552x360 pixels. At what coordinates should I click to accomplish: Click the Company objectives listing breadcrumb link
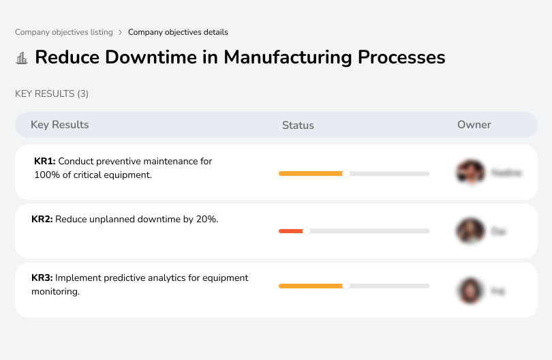coord(63,32)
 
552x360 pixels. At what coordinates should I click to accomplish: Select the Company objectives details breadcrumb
coord(178,32)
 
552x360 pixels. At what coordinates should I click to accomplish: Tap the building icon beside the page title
coord(22,58)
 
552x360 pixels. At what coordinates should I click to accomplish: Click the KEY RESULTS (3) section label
coord(52,93)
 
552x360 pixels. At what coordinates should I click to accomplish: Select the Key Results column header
coord(60,125)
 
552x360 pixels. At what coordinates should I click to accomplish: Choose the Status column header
coord(298,125)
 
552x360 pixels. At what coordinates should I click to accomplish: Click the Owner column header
coord(474,125)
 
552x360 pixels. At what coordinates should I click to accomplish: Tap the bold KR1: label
coord(45,162)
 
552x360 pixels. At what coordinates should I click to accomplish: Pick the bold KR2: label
coord(42,220)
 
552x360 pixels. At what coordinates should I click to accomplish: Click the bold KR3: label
coord(42,277)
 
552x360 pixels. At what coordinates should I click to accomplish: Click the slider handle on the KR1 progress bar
coord(346,174)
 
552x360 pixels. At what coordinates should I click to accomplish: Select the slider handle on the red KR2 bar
coord(306,231)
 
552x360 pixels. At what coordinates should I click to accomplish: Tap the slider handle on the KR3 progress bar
coord(346,286)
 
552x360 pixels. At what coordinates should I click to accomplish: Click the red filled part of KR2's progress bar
coord(291,231)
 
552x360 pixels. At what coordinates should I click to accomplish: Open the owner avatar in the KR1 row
coord(471,172)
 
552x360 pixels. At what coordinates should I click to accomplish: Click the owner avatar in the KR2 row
coord(471,231)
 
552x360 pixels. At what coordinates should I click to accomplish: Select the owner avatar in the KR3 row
coord(471,290)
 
